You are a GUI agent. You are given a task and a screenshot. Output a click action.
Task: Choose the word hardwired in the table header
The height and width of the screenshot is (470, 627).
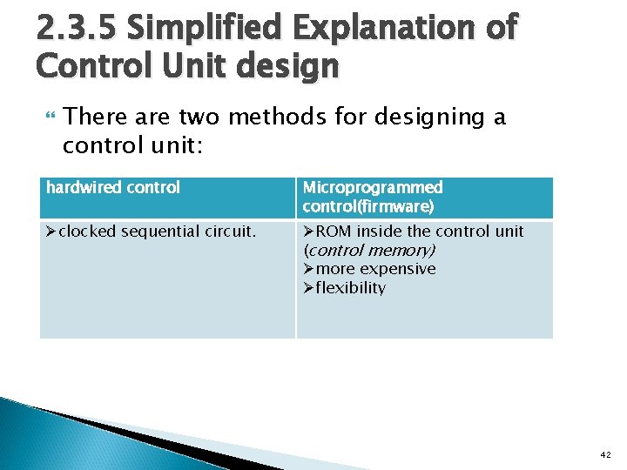[x=81, y=187]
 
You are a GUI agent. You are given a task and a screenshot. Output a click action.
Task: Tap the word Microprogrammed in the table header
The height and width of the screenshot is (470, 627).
[x=372, y=187]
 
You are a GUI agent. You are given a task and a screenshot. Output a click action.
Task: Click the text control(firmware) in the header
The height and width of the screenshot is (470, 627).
[x=367, y=206]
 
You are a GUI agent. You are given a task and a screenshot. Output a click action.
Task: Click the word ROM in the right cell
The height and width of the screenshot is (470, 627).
[x=333, y=232]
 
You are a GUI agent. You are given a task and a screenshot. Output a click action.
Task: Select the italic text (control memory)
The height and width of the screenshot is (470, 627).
[x=369, y=250]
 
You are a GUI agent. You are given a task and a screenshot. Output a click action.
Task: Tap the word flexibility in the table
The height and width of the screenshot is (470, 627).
[x=350, y=288]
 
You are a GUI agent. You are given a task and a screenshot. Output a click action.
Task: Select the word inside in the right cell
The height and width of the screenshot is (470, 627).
[x=377, y=232]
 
